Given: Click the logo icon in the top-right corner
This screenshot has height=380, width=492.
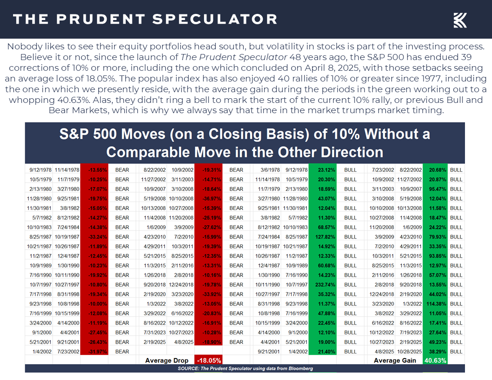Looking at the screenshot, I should point(460,20).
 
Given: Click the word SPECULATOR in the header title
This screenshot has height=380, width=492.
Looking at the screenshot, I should point(215,19).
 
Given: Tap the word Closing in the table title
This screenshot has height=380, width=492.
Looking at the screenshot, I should point(225,135).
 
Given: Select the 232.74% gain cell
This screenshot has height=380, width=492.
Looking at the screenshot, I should point(322,285).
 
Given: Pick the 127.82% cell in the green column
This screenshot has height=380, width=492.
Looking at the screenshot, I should point(322,237).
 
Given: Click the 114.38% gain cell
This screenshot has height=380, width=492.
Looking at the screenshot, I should point(436,304).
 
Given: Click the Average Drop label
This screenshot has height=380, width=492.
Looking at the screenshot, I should point(167,360).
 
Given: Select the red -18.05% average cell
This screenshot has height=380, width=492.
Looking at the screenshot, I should point(208,360).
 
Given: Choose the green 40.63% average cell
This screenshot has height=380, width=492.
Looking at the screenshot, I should point(435,360).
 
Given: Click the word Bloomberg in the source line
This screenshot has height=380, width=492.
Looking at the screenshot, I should point(298,368).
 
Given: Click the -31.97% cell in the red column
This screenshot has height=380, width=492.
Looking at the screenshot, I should point(94,352).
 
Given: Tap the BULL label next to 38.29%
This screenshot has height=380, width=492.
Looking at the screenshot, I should point(456,352).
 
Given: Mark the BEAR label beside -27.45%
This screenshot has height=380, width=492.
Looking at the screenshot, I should point(122,332).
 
